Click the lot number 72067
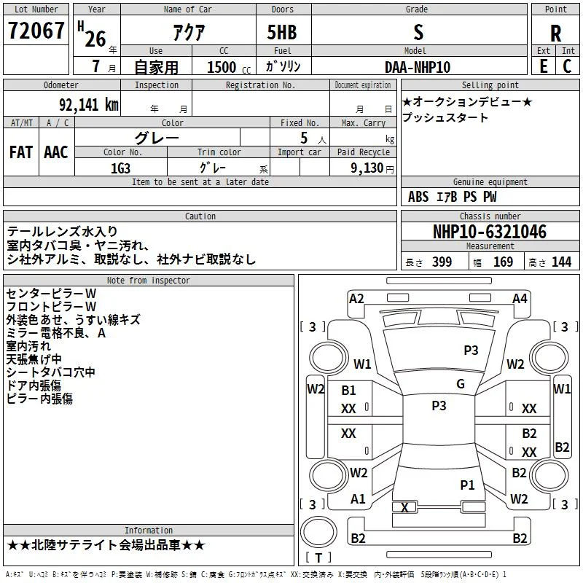36,31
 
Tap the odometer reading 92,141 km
89,105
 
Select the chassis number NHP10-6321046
490,232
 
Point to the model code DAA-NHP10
418,67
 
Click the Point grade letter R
555,34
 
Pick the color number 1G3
120,168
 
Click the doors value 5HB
282,32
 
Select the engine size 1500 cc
229,67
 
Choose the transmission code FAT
21,152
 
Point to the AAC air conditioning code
56,152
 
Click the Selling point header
490,85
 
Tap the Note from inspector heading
149,281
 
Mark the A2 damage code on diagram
356,299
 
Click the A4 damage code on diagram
520,299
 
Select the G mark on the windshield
461,384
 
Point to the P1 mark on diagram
467,485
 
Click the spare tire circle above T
318,532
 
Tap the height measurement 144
561,262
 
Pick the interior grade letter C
567,66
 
